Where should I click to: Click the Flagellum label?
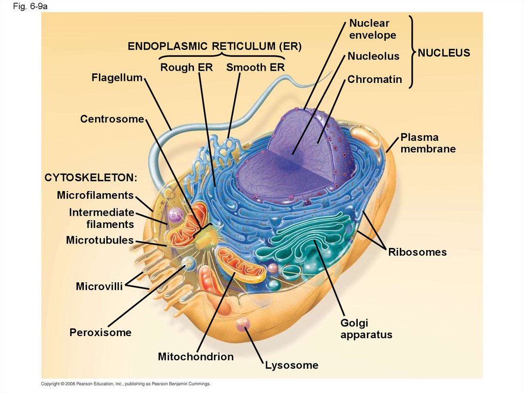tap(117, 78)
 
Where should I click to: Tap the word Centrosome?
tap(112, 119)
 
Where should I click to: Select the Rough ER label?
tap(186, 67)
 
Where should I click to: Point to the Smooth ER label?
tap(255, 67)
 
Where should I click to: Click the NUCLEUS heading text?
tap(444, 53)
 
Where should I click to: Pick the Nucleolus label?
tap(374, 56)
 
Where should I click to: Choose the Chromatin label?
tap(375, 79)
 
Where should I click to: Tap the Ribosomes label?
tap(418, 252)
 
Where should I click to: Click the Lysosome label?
tap(292, 365)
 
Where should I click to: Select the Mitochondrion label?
tap(196, 357)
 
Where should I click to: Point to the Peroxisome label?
tap(100, 333)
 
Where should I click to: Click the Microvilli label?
tap(99, 286)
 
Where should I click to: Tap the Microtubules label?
tap(100, 240)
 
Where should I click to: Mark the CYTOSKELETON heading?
tap(91, 177)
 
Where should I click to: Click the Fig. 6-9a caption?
tap(30, 6)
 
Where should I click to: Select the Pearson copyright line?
tap(126, 384)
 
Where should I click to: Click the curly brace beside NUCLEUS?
tap(412, 52)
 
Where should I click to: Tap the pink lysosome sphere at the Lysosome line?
tap(243, 324)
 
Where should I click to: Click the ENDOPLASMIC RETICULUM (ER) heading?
tap(214, 46)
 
